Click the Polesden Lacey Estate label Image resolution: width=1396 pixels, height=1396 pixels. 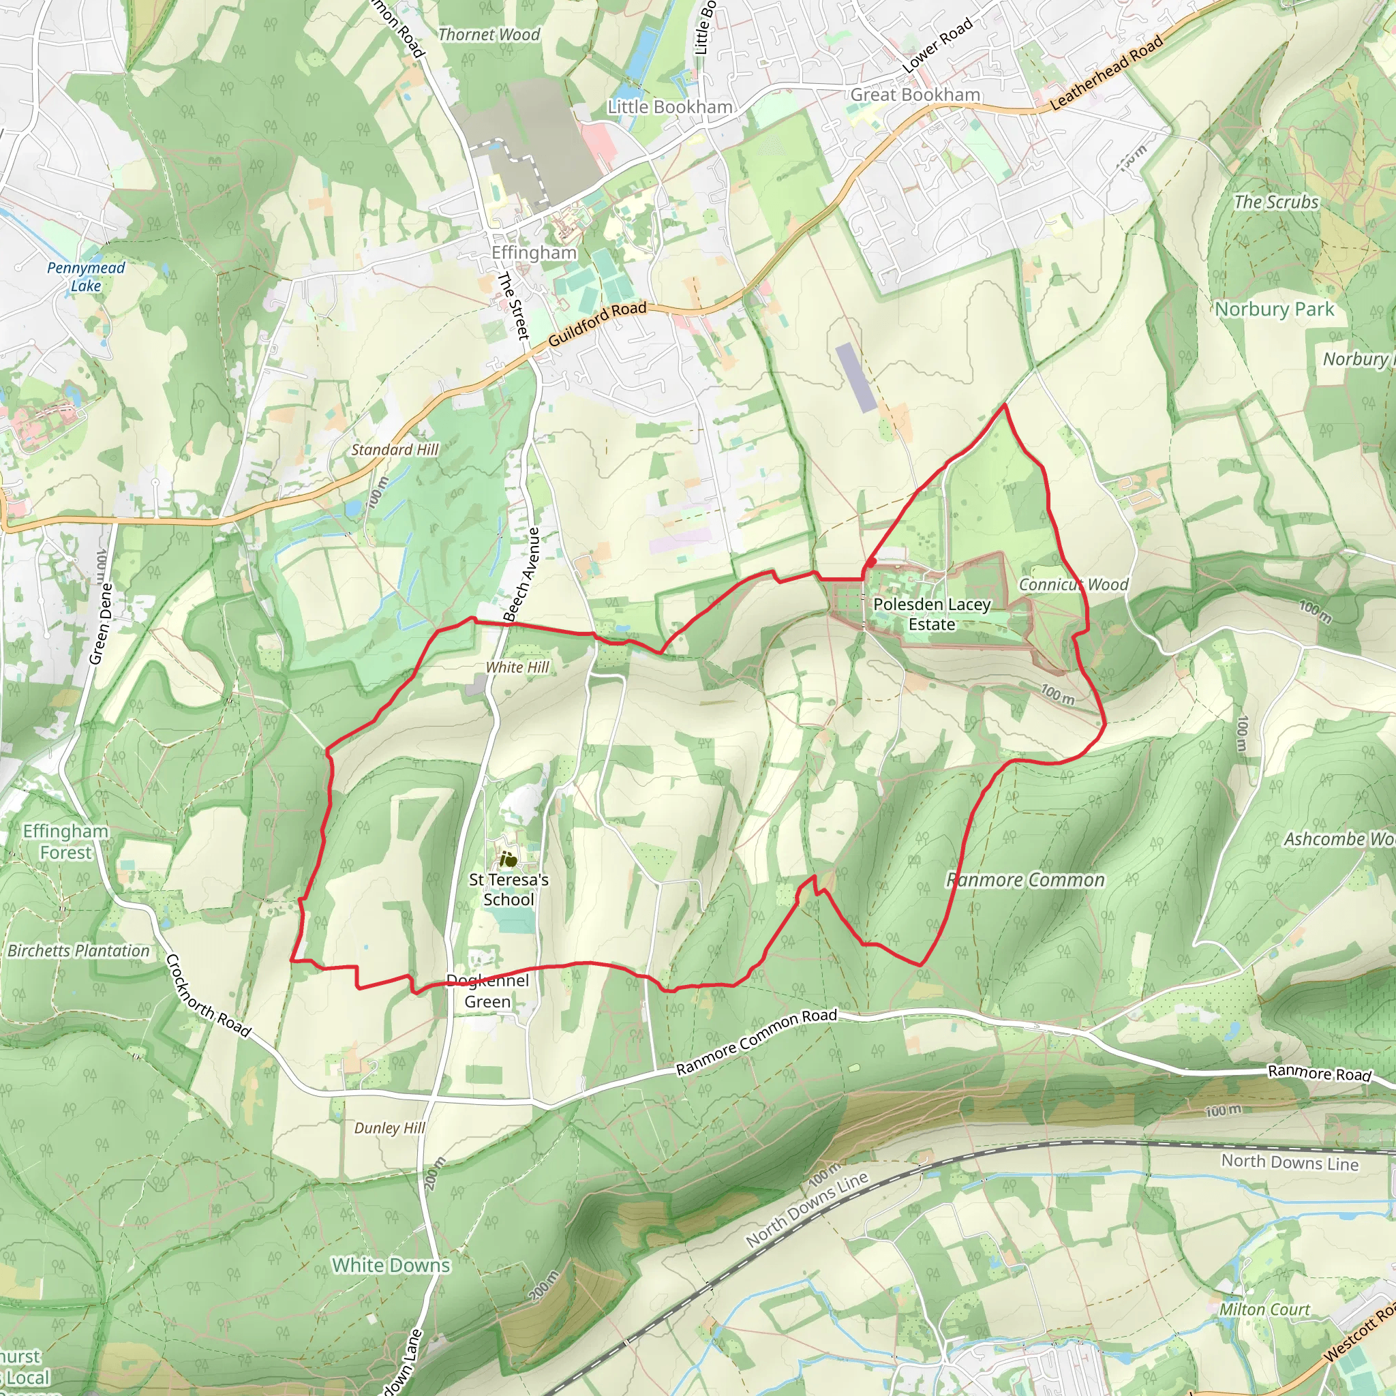click(931, 614)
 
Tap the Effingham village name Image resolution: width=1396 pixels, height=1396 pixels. click(534, 253)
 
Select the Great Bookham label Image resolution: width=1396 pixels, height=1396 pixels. click(915, 95)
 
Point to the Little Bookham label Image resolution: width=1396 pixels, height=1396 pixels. click(670, 107)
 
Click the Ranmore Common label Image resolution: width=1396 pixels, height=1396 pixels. click(1025, 880)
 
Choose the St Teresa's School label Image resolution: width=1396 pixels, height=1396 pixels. click(509, 890)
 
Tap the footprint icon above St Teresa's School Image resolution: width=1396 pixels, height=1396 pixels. click(509, 859)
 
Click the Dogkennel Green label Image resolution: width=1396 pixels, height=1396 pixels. click(488, 990)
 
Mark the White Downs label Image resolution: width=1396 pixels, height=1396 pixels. click(391, 1265)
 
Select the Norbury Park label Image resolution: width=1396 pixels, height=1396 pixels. click(1274, 309)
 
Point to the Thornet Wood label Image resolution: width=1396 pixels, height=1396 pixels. click(489, 35)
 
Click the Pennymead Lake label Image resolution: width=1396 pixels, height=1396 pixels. click(86, 277)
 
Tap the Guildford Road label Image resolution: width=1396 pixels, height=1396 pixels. click(597, 323)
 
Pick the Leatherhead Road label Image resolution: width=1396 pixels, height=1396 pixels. click(1106, 72)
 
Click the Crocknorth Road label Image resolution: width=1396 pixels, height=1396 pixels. click(208, 996)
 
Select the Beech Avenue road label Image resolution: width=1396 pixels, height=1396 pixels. click(521, 575)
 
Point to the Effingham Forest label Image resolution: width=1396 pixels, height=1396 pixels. click(65, 842)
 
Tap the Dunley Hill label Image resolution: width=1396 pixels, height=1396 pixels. click(389, 1128)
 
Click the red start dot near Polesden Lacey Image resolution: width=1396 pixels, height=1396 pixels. click(872, 562)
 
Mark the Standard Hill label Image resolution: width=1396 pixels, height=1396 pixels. click(395, 449)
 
